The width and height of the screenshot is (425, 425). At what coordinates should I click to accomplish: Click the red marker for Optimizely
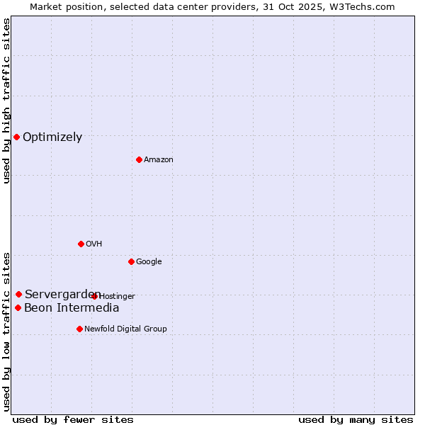point(16,137)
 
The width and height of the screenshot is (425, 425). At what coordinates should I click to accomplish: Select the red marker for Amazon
point(139,159)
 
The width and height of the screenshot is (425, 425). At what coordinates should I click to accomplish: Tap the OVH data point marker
point(81,244)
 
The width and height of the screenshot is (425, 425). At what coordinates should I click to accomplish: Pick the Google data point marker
point(131,261)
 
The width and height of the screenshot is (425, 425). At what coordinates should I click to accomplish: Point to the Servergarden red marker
point(18,294)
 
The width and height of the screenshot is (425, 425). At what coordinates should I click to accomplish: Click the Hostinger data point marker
point(94,296)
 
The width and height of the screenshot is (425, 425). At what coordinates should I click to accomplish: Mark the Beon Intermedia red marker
point(18,307)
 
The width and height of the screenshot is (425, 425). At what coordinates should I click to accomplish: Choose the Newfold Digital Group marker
point(79,329)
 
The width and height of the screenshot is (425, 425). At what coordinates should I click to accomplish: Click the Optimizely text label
point(52,137)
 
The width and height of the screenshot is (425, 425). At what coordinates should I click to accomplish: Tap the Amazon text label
point(159,160)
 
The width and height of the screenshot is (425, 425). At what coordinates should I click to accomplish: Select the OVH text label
point(94,244)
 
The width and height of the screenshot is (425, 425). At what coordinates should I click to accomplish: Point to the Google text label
point(149,262)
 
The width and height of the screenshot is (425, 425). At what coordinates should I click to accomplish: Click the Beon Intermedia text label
point(72,308)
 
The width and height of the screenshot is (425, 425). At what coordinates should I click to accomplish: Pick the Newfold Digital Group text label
point(125,329)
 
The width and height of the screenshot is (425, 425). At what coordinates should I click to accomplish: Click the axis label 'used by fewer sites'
point(73,419)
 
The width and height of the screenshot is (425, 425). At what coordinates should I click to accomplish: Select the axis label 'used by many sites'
point(356,419)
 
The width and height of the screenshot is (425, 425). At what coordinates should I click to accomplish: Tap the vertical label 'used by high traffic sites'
point(6,101)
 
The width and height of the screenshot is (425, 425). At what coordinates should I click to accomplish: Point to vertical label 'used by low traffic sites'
point(6,331)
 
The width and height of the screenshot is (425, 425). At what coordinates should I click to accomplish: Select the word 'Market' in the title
point(47,6)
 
